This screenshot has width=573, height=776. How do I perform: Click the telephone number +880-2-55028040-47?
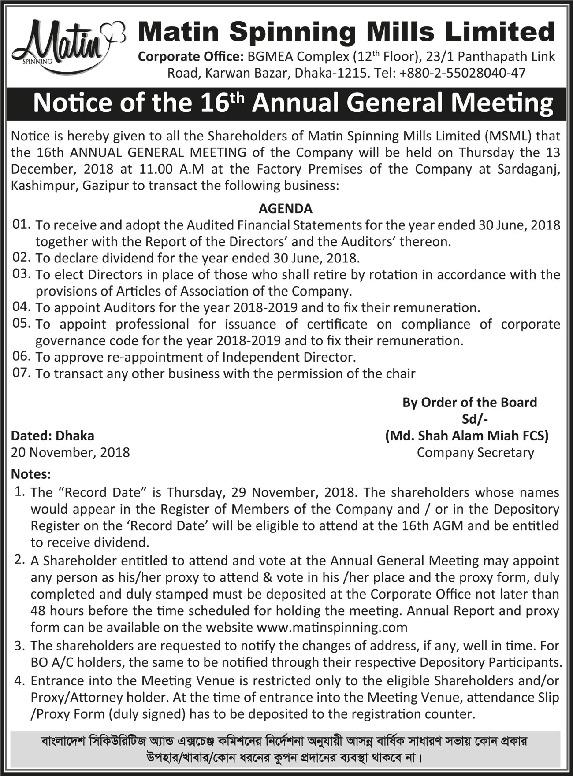tap(462, 73)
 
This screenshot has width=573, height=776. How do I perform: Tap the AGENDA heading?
tap(285, 208)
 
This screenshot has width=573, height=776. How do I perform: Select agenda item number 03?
tap(21, 274)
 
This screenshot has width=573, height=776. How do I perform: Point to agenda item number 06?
tap(21, 356)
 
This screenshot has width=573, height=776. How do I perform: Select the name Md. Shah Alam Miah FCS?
tap(467, 436)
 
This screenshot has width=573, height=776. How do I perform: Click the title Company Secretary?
tap(475, 452)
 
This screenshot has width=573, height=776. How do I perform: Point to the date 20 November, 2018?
tap(71, 452)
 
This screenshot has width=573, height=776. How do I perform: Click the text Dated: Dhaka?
tap(52, 436)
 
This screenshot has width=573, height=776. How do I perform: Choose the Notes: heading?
tap(31, 474)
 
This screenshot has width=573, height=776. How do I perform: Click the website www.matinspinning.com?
tap(331, 627)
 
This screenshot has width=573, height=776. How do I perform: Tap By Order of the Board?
tap(469, 402)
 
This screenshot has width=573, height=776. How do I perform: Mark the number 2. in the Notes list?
tap(19, 560)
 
